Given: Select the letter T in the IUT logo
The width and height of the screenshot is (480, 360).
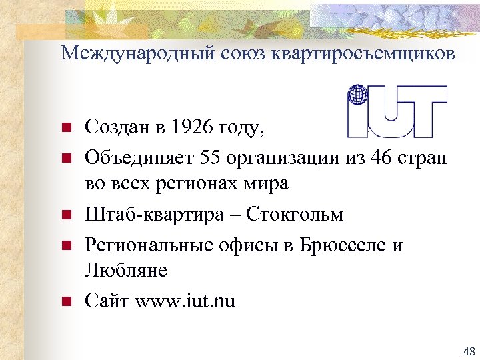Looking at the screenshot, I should [x=425, y=111].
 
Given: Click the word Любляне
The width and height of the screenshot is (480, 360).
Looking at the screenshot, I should [x=126, y=270].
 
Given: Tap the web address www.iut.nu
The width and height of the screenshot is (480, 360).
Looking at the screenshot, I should [x=185, y=301].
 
